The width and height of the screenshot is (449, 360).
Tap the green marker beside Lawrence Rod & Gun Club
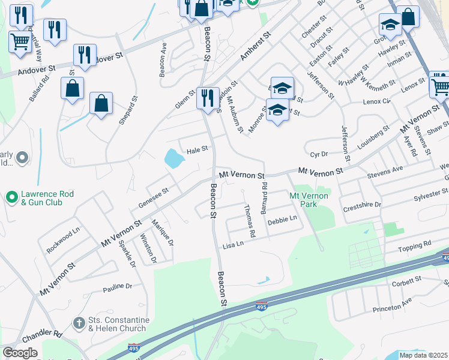coord(12,197)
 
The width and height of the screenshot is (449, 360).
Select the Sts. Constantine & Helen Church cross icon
coord(78,323)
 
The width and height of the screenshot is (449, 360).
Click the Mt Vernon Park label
coord(309,200)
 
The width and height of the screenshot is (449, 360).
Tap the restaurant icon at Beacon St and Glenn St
coord(208,97)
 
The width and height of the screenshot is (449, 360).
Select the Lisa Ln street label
coord(233,245)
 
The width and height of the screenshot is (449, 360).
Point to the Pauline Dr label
coord(116,286)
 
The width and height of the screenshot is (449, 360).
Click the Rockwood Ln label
coord(64,241)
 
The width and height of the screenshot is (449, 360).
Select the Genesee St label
coord(154,196)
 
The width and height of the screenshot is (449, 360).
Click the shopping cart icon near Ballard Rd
coord(20,42)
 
